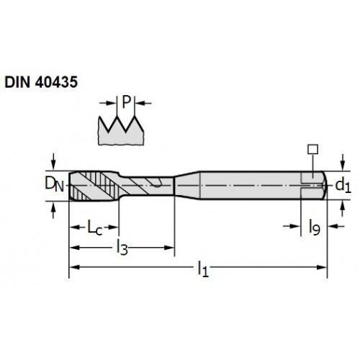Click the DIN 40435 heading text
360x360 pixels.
point(41,82)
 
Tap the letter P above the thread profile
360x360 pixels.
point(126,102)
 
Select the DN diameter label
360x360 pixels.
point(55,184)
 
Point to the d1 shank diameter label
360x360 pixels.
point(343,186)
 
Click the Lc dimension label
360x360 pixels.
point(95,228)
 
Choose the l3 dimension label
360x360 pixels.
point(122,248)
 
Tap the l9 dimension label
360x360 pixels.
point(315,227)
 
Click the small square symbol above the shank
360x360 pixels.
point(312,149)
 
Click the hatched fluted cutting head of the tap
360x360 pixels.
point(94,186)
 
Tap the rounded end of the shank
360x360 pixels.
point(324,185)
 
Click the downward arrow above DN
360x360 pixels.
point(53,161)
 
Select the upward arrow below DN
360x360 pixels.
point(53,210)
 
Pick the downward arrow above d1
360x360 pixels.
point(343,162)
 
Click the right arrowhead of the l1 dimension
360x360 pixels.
point(322,267)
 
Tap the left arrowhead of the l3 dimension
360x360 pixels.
point(74,248)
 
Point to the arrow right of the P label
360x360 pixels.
point(143,104)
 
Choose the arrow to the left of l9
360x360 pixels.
point(292,226)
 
